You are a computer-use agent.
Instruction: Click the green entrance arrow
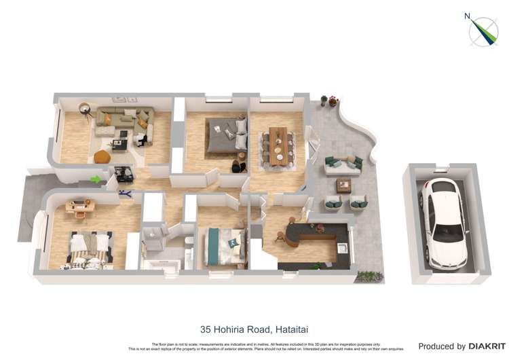tap(96, 179)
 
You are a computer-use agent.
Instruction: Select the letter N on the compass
tap(467, 16)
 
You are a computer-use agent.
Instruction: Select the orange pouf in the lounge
tap(102, 157)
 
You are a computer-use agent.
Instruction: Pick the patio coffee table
tap(343, 185)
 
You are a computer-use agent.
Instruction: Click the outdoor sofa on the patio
tap(343, 165)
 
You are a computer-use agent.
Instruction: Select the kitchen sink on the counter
tap(343, 249)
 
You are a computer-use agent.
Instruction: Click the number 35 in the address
tap(206, 329)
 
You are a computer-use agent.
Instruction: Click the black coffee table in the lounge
tap(119, 144)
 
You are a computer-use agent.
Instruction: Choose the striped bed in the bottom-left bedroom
tap(89, 249)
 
